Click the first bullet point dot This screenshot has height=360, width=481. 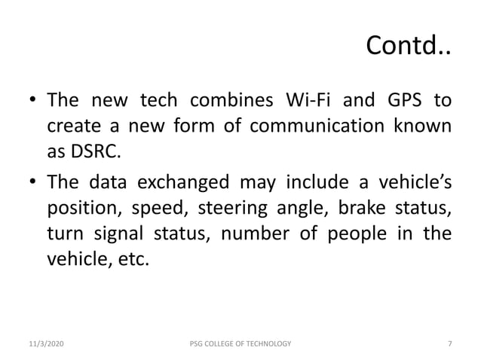[x=33, y=101]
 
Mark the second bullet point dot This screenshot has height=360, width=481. [x=33, y=182]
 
